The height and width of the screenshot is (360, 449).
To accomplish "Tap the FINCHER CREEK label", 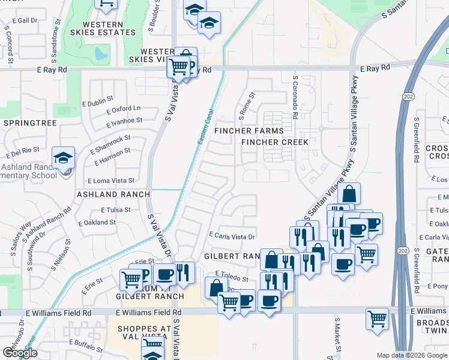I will coord(275,142).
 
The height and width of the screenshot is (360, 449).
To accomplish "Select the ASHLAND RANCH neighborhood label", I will coord(113,194).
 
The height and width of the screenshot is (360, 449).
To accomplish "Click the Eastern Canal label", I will coord(206,130).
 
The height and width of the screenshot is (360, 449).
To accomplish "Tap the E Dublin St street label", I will coord(100,98).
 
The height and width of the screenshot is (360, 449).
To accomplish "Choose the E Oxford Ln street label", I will coord(123,109).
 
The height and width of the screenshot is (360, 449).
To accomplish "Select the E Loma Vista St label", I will coord(111,180).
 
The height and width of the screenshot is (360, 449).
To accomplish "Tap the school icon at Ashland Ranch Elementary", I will coord(63,158).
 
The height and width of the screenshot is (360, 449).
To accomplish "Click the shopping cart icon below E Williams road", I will coord(377,319).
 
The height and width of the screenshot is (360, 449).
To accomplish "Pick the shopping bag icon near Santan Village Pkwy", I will coord(349,194).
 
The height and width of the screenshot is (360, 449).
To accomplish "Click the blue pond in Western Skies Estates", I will coord(101,55).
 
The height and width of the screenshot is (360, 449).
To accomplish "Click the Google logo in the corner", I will coord(20,353).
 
